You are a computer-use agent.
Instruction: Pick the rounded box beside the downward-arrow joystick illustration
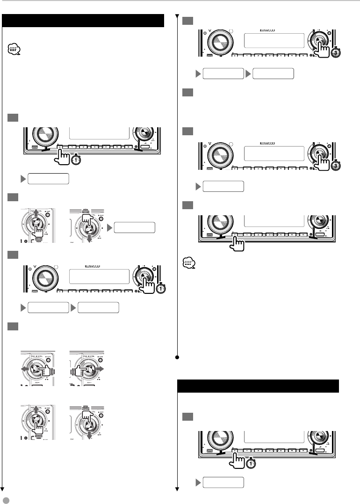tap(135, 227)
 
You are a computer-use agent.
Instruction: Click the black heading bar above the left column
tap(83, 21)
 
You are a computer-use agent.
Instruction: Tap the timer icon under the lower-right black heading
tap(251, 463)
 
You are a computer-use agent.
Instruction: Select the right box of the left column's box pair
tap(98, 307)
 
